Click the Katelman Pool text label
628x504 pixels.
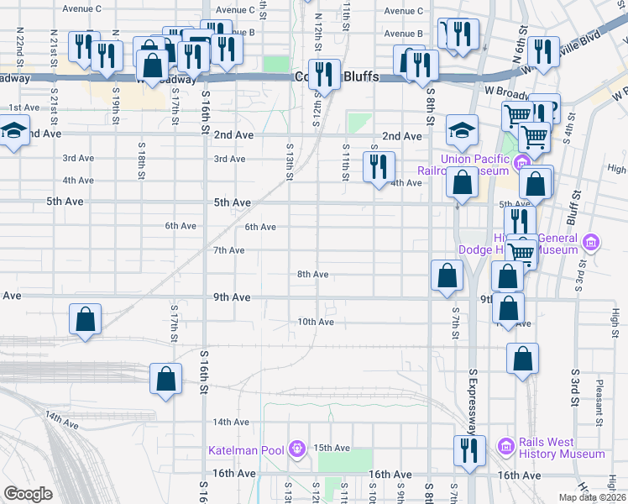[x=246, y=450]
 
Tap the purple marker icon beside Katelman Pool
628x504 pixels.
[x=296, y=450]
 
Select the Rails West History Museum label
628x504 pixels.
[x=561, y=448]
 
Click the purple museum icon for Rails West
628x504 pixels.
[x=505, y=445]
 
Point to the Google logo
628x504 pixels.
[x=28, y=494]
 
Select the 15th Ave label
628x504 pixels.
[x=332, y=448]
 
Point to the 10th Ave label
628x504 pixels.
[x=316, y=322]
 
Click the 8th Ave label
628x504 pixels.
[x=312, y=274]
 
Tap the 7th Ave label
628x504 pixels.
[x=228, y=250]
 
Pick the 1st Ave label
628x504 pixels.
[x=24, y=108]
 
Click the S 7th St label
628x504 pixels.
[x=454, y=323]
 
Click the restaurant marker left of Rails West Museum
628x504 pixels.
[x=465, y=449]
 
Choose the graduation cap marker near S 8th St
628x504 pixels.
[x=461, y=129]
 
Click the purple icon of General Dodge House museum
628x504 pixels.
[x=592, y=243]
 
